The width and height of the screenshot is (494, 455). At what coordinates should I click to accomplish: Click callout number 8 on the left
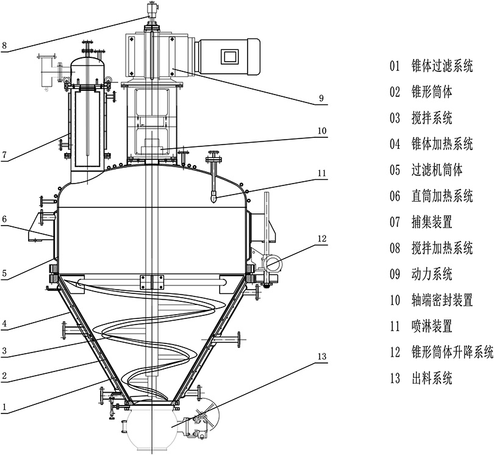(4, 46)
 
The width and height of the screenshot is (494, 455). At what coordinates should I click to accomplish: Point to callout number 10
(321, 131)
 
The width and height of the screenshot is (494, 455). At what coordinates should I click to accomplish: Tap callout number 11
(321, 173)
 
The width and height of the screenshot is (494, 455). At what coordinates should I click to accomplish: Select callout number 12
(323, 237)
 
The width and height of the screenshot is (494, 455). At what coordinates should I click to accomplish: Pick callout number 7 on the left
(4, 156)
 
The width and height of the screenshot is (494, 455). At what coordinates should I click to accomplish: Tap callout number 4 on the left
(4, 326)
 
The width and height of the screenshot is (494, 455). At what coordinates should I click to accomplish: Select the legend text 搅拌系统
(432, 118)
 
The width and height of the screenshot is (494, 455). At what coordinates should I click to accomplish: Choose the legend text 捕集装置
(432, 222)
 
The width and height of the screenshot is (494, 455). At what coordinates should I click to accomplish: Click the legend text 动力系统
(432, 274)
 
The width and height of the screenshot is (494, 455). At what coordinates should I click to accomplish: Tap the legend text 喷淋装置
(432, 326)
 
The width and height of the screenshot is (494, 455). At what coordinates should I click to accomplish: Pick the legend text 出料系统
(432, 379)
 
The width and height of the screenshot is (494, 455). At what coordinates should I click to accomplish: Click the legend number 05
(396, 170)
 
